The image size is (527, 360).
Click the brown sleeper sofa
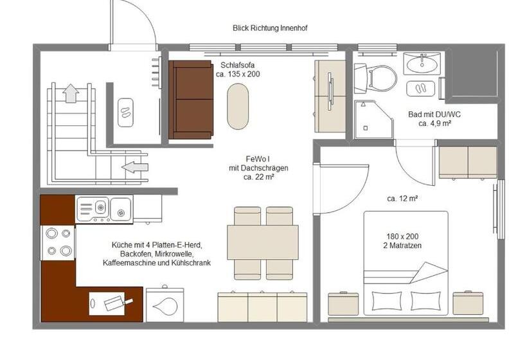191,100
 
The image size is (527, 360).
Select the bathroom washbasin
422,64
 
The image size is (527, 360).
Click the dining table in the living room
263,242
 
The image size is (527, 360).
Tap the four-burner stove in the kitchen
58,242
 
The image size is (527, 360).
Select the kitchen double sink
103,208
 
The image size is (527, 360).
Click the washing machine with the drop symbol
165,305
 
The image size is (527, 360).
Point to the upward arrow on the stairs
71,94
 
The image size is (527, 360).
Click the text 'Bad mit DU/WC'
434,114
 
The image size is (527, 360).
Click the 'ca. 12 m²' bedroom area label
403,199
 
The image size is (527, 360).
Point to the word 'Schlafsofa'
237,65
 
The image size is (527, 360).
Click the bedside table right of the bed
468,303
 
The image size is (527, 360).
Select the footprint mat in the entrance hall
125,112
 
